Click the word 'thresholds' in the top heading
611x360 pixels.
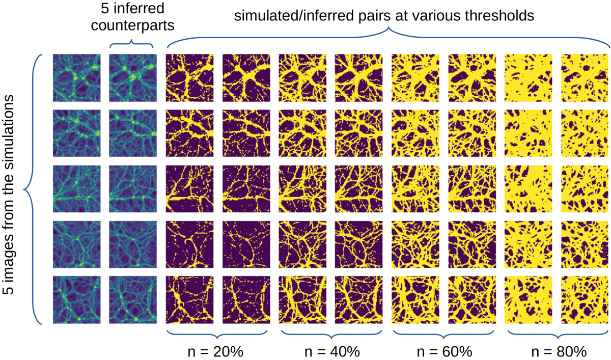(x=496, y=16)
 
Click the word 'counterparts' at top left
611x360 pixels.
(x=131, y=24)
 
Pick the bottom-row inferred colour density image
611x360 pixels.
(x=131, y=299)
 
